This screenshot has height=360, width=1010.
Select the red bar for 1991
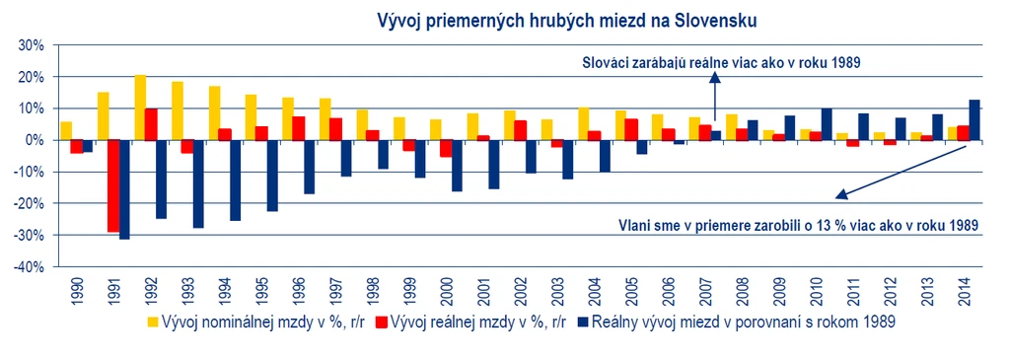click(x=113, y=186)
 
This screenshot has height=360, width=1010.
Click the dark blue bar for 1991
click(x=124, y=189)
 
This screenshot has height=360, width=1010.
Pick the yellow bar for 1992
click(x=140, y=108)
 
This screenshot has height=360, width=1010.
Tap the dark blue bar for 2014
click(x=974, y=119)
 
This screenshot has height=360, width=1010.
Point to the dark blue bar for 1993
click(x=198, y=184)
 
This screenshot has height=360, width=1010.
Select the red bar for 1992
click(x=151, y=124)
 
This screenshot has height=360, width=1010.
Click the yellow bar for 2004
click(x=584, y=123)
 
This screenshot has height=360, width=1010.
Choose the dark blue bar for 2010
click(x=827, y=124)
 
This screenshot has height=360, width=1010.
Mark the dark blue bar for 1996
click(x=309, y=167)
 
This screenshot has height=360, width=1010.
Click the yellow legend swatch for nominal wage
click(x=153, y=322)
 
